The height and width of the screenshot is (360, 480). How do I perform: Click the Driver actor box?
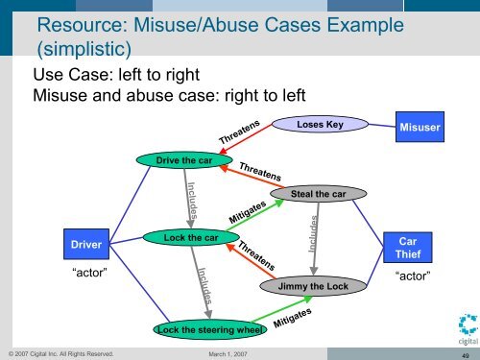(80, 245)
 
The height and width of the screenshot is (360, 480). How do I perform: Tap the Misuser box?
(421, 128)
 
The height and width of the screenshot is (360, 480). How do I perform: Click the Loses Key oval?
(321, 124)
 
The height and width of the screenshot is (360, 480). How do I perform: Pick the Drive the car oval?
(183, 160)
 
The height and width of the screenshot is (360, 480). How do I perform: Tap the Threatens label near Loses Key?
(239, 132)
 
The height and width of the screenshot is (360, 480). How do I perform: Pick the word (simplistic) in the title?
(83, 47)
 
